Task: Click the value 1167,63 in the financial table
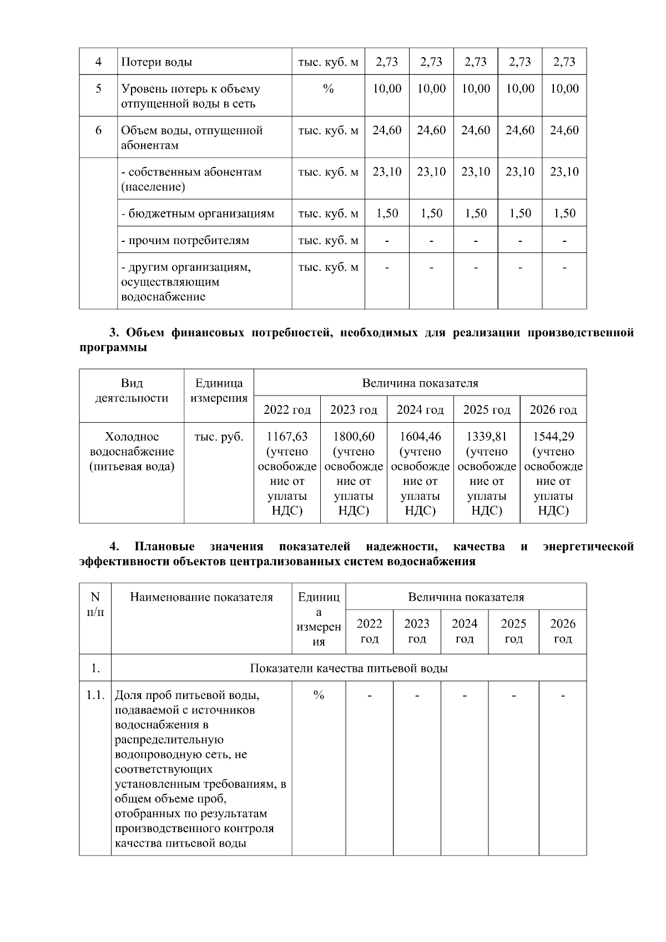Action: (287, 437)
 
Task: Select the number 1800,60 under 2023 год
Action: (354, 437)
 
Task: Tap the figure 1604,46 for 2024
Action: (420, 437)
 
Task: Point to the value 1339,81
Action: (487, 437)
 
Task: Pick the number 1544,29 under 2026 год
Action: (553, 437)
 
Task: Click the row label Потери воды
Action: (157, 62)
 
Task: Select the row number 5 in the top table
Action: (98, 89)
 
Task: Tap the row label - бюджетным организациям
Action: (198, 214)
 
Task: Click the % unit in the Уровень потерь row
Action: (328, 89)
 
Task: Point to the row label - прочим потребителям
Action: (185, 241)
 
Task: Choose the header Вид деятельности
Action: (132, 391)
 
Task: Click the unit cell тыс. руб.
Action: (219, 437)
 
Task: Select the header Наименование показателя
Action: (201, 597)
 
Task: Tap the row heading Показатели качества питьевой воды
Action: (349, 668)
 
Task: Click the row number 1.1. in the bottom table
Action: (95, 695)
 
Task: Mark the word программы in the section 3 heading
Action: (113, 348)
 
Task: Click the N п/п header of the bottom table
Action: (95, 605)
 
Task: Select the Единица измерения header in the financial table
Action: (219, 391)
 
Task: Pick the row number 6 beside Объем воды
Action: (98, 130)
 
